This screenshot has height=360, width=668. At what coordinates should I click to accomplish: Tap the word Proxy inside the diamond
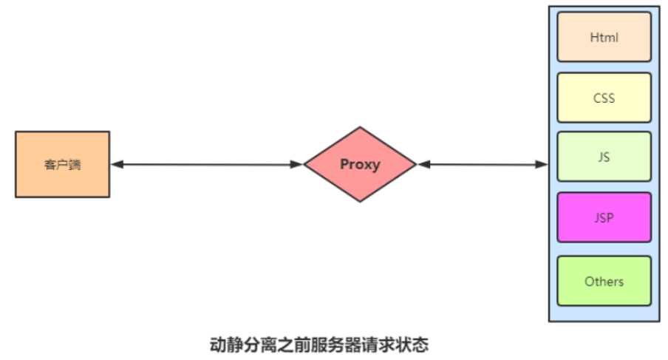tap(360, 164)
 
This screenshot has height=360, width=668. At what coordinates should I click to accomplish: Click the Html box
tap(604, 37)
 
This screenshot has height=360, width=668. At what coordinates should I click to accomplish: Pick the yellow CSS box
tap(604, 98)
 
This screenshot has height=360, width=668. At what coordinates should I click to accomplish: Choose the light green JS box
tap(604, 157)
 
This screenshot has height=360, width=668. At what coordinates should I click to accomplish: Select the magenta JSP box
tap(604, 217)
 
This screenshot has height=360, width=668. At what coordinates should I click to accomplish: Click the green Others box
tap(604, 281)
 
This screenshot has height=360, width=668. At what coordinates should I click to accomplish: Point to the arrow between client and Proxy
tap(207, 164)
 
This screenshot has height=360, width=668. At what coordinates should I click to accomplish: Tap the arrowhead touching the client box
tap(116, 164)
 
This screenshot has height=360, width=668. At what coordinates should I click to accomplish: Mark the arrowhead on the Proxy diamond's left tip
tap(298, 164)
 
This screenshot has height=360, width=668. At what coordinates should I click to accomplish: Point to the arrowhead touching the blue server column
tap(543, 164)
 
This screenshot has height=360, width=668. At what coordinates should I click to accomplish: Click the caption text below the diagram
tap(319, 344)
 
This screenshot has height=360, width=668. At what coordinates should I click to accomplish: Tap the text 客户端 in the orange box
tap(62, 165)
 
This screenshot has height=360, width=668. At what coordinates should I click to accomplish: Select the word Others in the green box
tap(604, 281)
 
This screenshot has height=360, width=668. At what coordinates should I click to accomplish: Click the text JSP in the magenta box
tap(604, 217)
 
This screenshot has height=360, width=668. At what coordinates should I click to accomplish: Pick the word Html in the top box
tap(604, 37)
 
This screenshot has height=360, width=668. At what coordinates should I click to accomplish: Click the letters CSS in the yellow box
tap(604, 98)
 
